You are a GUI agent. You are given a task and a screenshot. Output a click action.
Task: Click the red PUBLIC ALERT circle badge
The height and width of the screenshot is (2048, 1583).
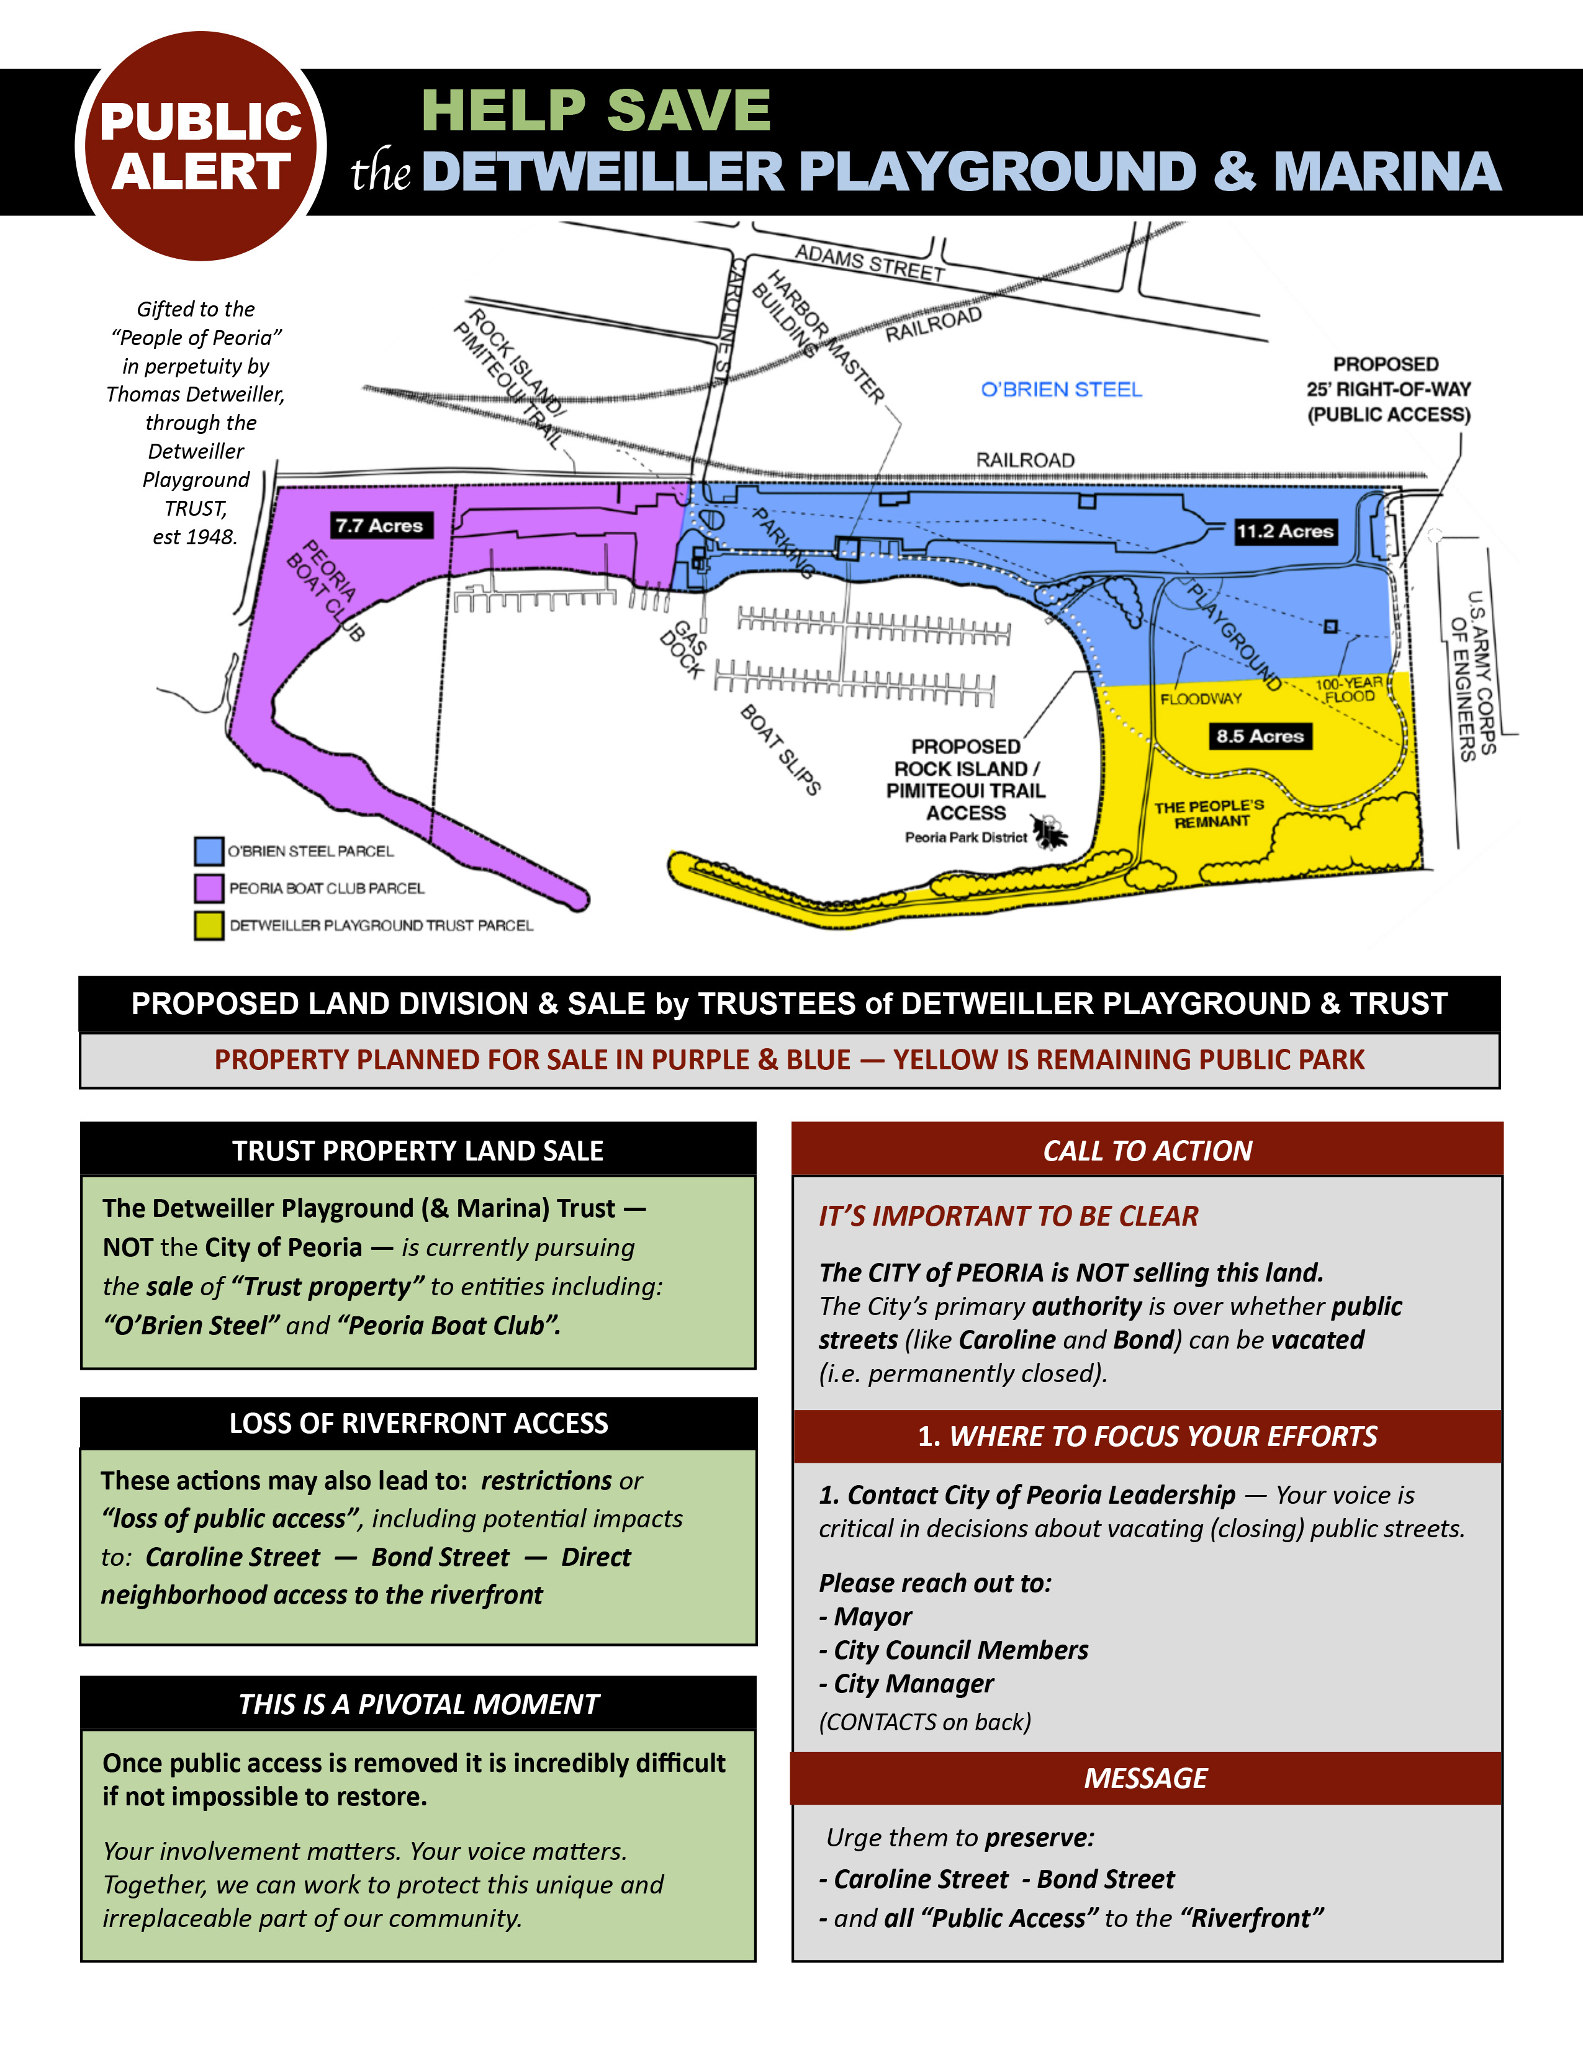click(201, 146)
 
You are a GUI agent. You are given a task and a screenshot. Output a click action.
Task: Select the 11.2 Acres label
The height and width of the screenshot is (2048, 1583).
click(1284, 532)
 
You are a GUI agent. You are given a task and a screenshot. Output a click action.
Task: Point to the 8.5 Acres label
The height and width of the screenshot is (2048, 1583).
click(1260, 736)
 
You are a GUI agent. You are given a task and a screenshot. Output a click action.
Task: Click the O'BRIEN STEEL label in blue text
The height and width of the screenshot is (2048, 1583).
click(1061, 389)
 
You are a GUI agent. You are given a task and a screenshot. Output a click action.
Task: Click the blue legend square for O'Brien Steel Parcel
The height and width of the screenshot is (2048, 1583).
click(208, 850)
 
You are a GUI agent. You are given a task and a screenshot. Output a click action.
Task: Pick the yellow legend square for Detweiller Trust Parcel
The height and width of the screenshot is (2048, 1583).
click(208, 925)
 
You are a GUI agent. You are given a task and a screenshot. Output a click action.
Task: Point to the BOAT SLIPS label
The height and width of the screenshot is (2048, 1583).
click(780, 749)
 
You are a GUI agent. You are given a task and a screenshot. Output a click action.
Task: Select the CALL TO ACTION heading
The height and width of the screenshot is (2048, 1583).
click(1147, 1151)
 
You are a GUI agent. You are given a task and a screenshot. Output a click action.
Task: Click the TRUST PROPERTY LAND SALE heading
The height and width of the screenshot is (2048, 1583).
click(418, 1151)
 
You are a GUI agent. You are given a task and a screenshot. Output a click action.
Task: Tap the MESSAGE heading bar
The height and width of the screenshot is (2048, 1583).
click(1145, 1778)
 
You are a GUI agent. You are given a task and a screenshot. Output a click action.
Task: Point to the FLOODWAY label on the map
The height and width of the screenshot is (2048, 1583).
click(1201, 699)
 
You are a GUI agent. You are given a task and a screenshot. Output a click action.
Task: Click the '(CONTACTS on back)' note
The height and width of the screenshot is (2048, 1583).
click(925, 1722)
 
